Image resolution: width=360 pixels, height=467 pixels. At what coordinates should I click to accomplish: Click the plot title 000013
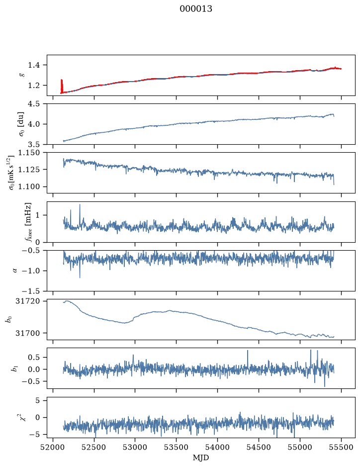pyautogui.click(x=196, y=9)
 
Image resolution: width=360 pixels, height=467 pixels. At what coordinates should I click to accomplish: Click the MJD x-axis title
pyautogui.click(x=201, y=458)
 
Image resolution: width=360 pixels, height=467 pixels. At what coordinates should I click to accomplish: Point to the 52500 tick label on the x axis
pyautogui.click(x=94, y=448)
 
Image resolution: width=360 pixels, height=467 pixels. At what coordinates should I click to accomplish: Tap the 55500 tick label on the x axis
pyautogui.click(x=341, y=448)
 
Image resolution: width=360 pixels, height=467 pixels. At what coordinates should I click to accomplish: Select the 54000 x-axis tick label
pyautogui.click(x=218, y=448)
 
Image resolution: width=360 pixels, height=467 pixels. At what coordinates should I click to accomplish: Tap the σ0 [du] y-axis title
pyautogui.click(x=21, y=124)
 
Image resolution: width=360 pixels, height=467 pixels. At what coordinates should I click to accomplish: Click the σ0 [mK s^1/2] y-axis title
pyautogui.click(x=11, y=173)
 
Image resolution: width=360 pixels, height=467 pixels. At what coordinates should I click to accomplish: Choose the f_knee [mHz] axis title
pyautogui.click(x=28, y=222)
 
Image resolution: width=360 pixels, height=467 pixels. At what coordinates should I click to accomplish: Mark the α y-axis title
pyautogui.click(x=15, y=271)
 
